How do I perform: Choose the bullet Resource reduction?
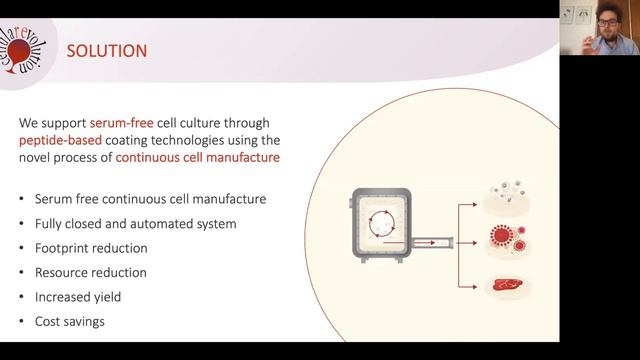[90, 272]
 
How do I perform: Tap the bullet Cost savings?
[69, 321]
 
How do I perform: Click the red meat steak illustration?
[508, 286]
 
